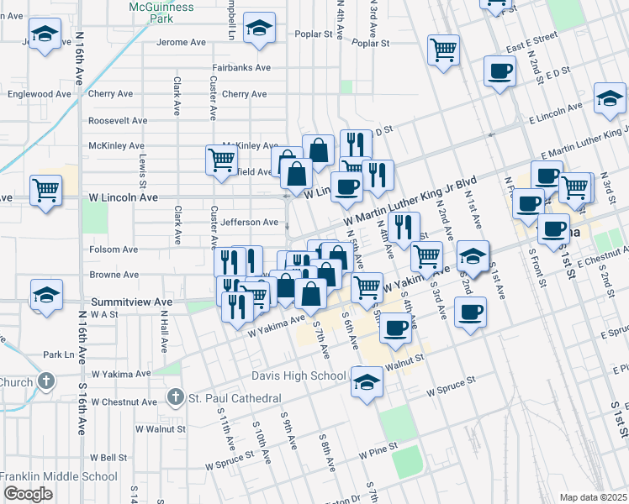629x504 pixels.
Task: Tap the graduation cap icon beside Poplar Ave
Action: pos(260,29)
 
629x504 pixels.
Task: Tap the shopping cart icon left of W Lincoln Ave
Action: pos(45,189)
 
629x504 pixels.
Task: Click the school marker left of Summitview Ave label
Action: pos(47,295)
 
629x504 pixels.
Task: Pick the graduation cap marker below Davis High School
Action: pos(366,382)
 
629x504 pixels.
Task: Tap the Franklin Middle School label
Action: pos(59,476)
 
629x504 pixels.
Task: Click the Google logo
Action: pos(27,494)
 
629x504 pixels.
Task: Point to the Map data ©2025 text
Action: pos(593,497)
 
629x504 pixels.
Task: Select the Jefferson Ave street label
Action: pos(249,223)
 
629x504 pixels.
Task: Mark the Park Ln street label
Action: pos(59,355)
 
